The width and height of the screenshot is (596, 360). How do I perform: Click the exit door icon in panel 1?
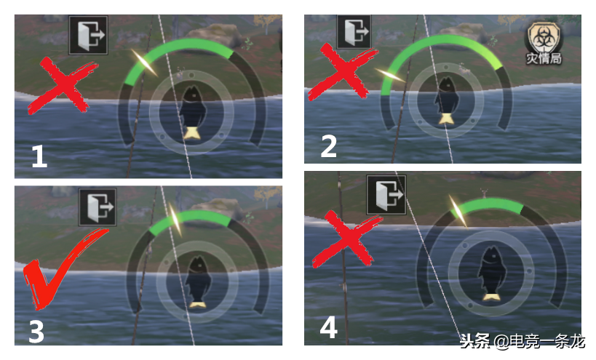coord(88,36)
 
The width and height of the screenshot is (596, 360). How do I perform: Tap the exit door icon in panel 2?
coord(354,32)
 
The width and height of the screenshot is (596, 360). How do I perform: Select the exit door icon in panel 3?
coord(98,207)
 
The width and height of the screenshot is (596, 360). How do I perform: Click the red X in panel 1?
coord(63,85)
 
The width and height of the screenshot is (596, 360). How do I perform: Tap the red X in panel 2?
coord(342,72)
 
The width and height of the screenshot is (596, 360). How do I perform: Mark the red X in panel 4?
coord(346,239)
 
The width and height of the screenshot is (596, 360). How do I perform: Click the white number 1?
coord(39,157)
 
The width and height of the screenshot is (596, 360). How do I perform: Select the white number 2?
coord(329,147)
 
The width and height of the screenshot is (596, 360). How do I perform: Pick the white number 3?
coord(36,332)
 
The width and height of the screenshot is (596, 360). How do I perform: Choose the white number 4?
coord(329,327)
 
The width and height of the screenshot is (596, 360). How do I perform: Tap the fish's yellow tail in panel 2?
coord(445,119)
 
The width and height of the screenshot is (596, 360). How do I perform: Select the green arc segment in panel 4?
coord(488,204)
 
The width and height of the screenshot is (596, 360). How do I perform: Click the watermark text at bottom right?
coord(523,341)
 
